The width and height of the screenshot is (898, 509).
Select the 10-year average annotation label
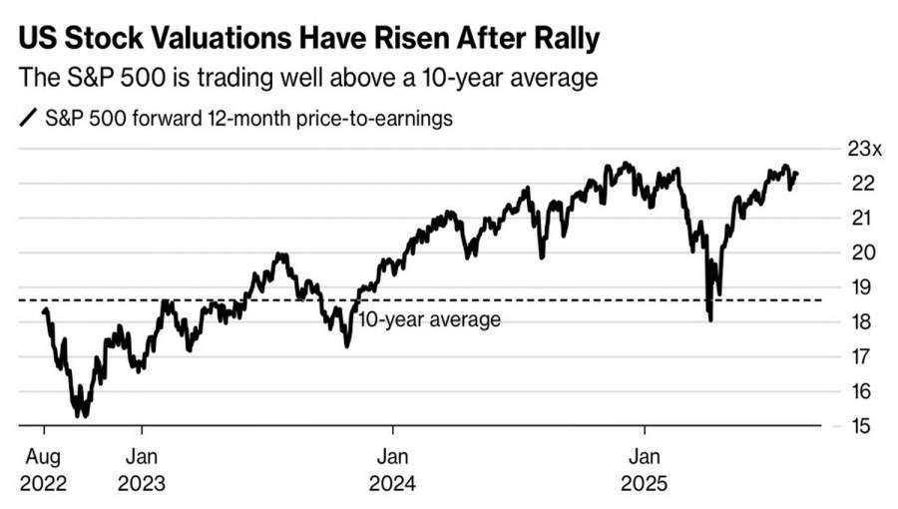point(429,319)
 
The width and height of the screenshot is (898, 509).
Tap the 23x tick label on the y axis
point(865,150)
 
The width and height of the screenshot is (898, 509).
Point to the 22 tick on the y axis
point(864,184)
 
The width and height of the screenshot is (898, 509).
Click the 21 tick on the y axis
point(864,218)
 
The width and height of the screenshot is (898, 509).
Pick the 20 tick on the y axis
point(864,253)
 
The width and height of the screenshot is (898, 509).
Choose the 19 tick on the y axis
point(864,287)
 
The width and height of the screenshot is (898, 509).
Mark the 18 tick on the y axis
point(864,321)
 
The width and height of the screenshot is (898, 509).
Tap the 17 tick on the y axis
point(864,356)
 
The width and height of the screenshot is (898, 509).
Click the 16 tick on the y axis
point(864,390)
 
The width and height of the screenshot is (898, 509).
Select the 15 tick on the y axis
point(864,426)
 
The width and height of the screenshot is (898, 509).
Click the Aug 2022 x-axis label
point(43,471)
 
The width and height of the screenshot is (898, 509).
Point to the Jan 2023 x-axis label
point(142,471)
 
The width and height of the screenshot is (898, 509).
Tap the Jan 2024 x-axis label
point(393,471)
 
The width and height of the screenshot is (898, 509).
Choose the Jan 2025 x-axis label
point(645,471)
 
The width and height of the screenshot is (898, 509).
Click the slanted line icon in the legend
point(28,119)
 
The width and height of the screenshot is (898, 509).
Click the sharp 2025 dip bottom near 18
point(710,319)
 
